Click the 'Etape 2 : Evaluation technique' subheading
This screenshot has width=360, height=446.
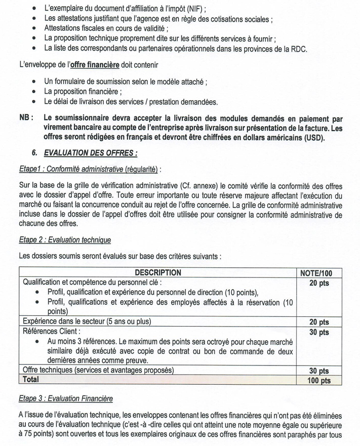pos(65,239)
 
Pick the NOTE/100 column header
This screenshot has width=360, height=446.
pos(319,273)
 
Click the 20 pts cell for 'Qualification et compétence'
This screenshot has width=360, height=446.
pos(319,282)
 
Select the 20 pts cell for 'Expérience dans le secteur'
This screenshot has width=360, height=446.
pos(319,322)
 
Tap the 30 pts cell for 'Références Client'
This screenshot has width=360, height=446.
pos(319,332)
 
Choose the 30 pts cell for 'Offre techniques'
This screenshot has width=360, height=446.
pos(319,371)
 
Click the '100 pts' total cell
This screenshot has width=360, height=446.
pos(319,380)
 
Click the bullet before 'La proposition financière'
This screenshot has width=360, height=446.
pos(33,92)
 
